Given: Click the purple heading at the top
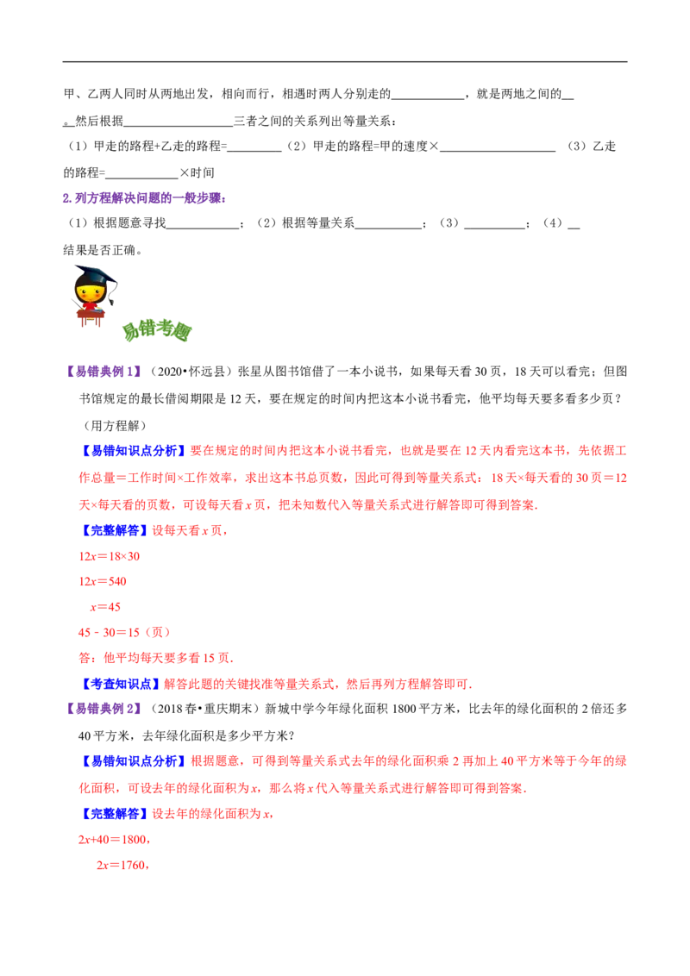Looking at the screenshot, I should tap(144, 198).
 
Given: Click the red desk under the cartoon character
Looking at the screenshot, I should tap(89, 318).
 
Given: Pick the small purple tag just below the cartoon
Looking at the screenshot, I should tap(103, 371).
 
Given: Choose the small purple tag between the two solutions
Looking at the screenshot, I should tap(103, 708).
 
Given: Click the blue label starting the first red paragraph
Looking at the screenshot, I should tap(134, 450).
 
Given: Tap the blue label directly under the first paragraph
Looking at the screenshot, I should tap(115, 530).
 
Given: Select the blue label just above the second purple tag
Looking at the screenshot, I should tap(120, 685).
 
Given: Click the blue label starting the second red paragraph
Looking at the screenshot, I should tap(134, 761).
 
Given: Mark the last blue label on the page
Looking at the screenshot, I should tap(115, 814).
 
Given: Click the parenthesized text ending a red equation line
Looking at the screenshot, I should tap(159, 633).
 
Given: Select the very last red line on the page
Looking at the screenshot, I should tap(123, 867).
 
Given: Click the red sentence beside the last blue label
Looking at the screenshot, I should tap(213, 814).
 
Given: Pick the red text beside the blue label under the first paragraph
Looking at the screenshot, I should tap(190, 531).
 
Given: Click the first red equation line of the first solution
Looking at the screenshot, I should tap(110, 558).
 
